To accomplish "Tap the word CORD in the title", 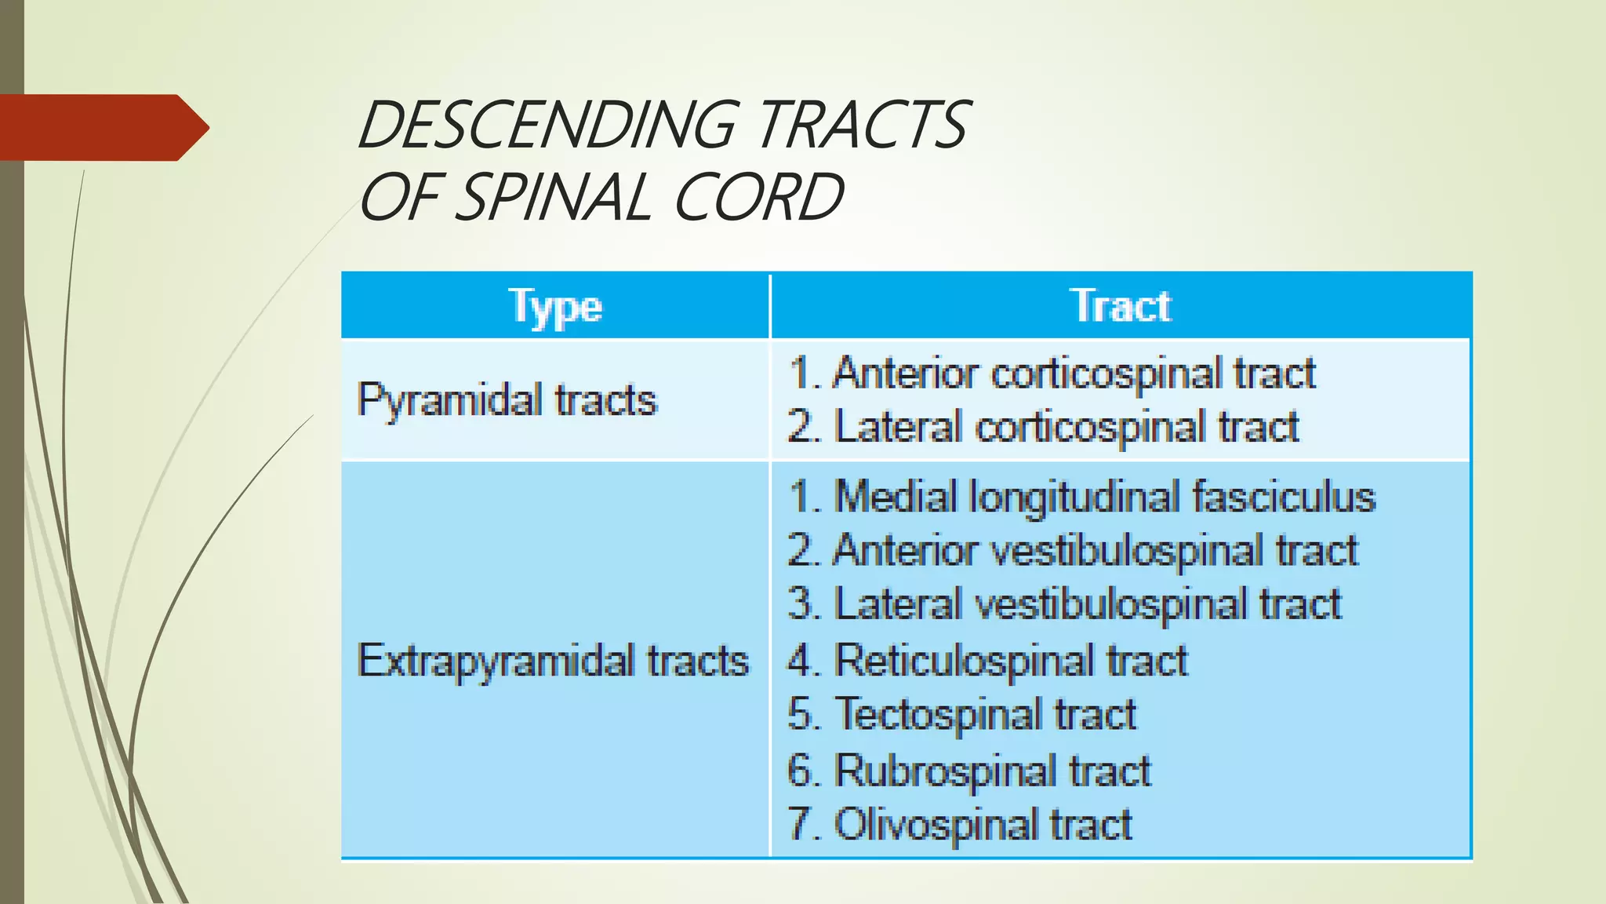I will [x=758, y=197].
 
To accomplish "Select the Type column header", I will [x=555, y=306].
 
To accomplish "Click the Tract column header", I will [x=1121, y=306].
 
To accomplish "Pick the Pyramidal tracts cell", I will [x=507, y=399].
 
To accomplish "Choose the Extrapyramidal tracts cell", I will [x=553, y=660].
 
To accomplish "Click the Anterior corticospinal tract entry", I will [x=1052, y=373].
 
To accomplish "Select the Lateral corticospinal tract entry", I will [x=1043, y=428].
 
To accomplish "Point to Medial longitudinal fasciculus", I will [x=1082, y=497].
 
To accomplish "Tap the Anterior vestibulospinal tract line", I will [x=1073, y=550].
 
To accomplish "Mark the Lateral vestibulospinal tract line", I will [x=1065, y=604].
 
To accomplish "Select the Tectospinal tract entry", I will [x=962, y=714].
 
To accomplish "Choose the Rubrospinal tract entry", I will [x=969, y=770].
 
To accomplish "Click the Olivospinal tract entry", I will [x=960, y=824].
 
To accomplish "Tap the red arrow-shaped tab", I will [x=102, y=128].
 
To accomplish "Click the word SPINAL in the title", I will [x=553, y=197].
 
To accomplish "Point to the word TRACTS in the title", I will [x=863, y=125].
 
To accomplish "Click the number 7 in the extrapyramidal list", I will [x=800, y=824].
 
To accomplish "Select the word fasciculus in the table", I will [x=1284, y=497].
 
